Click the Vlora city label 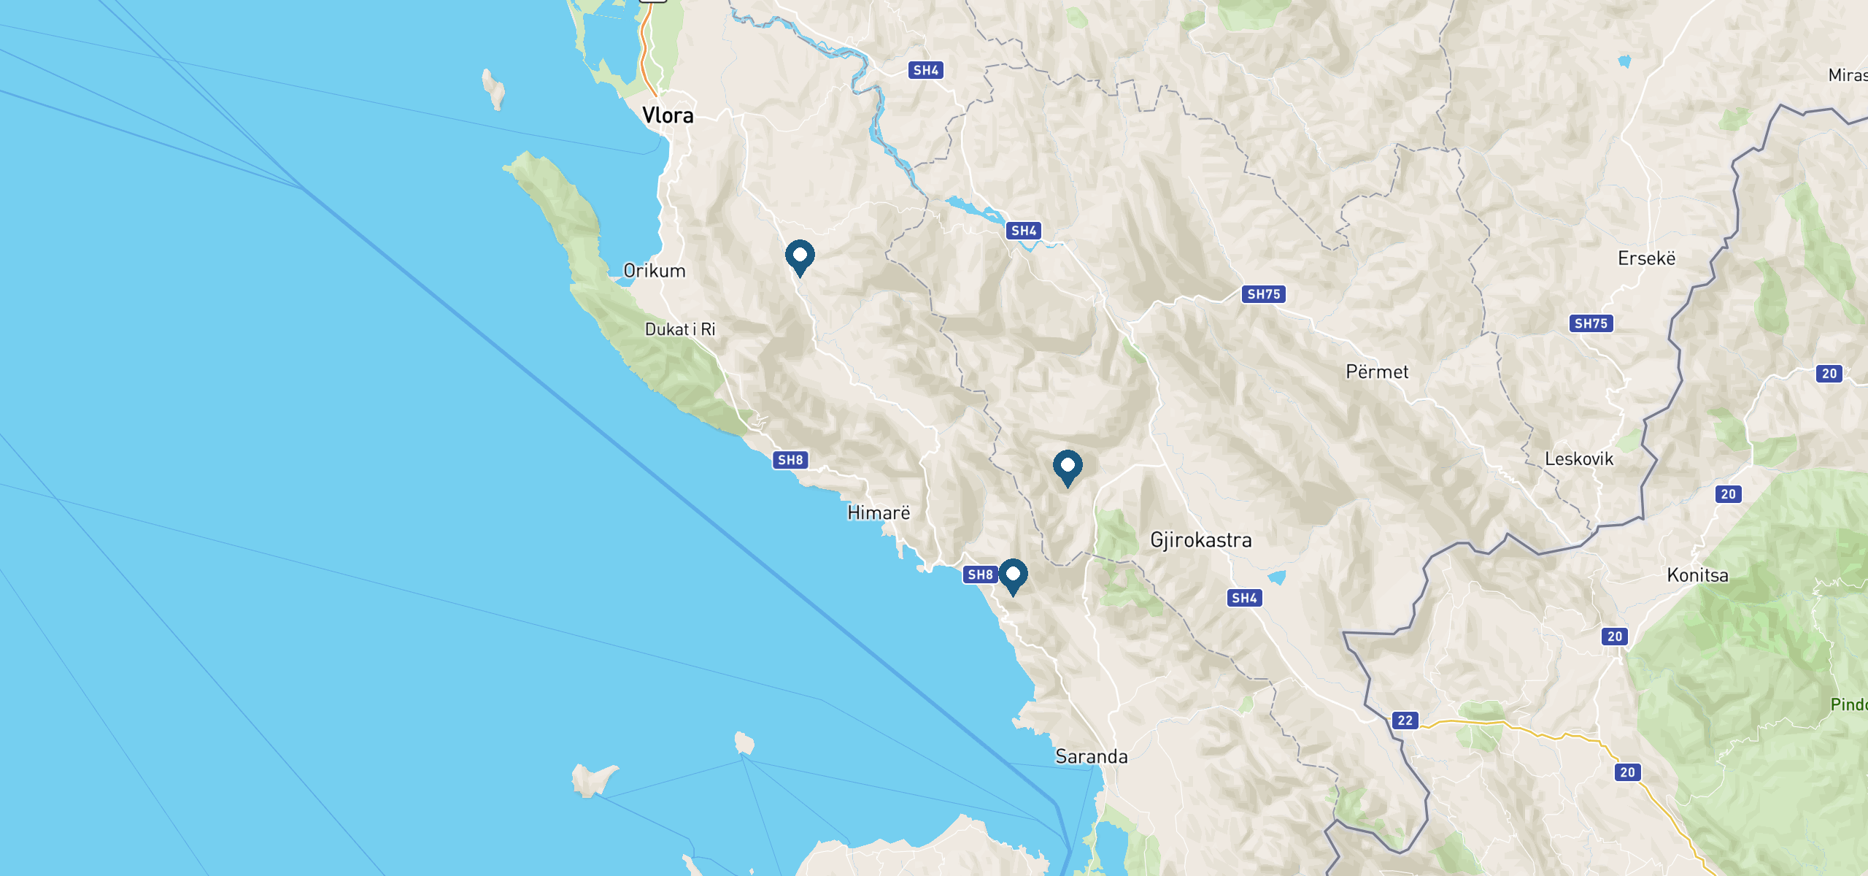point(668,115)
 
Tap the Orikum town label point(655,271)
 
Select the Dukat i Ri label point(680,329)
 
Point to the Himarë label point(879,513)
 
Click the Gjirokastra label point(1201,540)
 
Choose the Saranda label point(1092,756)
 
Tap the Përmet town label point(1377,372)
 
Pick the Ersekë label point(1646,259)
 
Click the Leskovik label point(1579,459)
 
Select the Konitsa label point(1697,575)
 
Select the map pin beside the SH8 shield point(1013,576)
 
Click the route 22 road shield point(1405,721)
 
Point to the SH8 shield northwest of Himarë point(790,460)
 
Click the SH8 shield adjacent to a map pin point(980,575)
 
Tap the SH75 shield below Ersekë point(1591,323)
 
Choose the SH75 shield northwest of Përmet point(1264,294)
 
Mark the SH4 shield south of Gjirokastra point(1244,598)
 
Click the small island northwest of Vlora point(494,89)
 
